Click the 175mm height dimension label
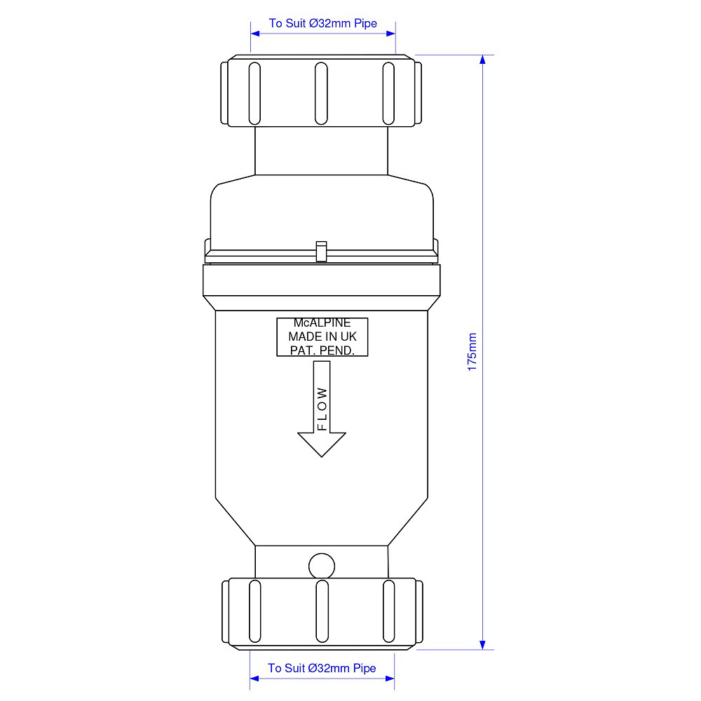(x=472, y=352)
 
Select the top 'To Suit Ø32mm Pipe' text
(x=322, y=23)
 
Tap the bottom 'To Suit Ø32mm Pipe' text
(x=322, y=668)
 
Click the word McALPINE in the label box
(x=322, y=322)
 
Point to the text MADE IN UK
(x=322, y=336)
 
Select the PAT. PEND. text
(x=322, y=350)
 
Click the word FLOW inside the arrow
(x=322, y=409)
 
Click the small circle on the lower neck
(x=322, y=566)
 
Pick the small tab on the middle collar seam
(x=322, y=251)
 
